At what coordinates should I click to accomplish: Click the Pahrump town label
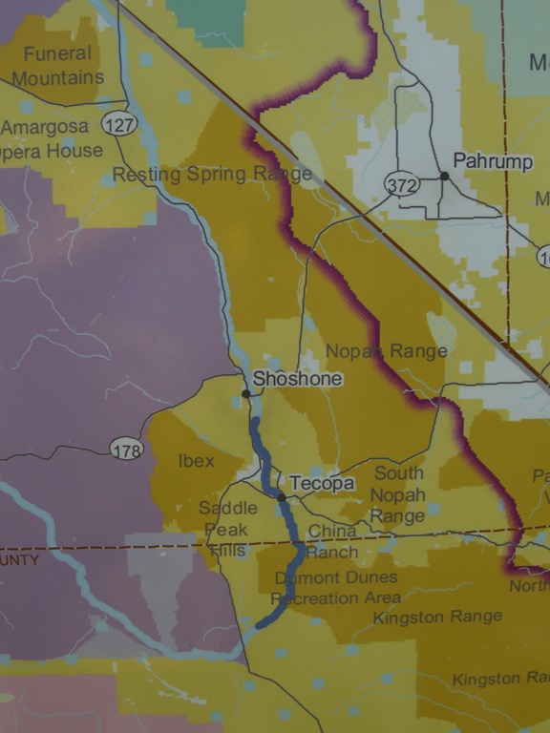coord(492,161)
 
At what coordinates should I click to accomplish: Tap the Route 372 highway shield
coord(403,184)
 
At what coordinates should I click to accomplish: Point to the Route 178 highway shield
coord(126,449)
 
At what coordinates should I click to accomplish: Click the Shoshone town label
coord(297,379)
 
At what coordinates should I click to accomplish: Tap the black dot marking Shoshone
coord(245,393)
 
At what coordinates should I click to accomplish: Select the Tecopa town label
coord(322,484)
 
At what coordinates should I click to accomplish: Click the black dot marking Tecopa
coord(282,497)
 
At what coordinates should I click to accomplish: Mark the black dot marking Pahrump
coord(444,176)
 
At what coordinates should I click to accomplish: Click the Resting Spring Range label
coord(212,174)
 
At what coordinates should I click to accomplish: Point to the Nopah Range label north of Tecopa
coord(386,351)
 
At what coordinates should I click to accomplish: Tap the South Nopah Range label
coord(397,494)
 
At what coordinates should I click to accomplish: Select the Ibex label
coord(197,461)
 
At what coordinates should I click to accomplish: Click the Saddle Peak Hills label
coord(223,529)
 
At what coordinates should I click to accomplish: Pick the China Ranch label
coord(332,541)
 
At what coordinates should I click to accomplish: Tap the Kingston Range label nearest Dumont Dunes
coord(437,618)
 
